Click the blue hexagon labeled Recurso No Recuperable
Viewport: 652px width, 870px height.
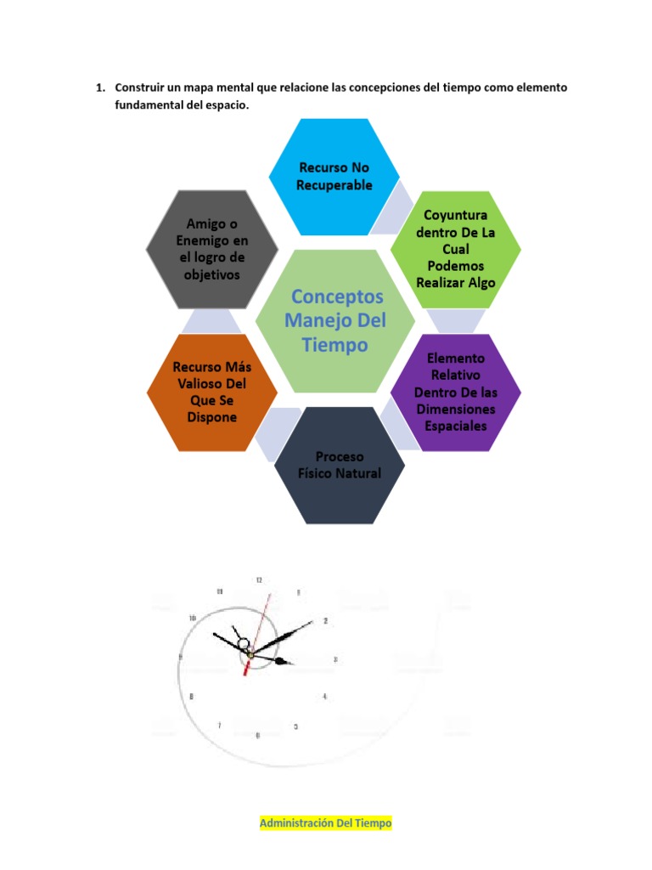[334, 177]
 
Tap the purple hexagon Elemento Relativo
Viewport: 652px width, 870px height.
[456, 393]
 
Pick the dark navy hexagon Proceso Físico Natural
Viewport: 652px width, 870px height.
[340, 466]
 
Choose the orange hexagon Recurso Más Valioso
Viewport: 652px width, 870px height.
[212, 393]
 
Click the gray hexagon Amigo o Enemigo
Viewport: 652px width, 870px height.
[212, 249]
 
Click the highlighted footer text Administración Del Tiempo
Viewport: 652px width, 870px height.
[326, 823]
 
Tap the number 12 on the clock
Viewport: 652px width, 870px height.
[259, 580]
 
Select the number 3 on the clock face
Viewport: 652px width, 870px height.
[336, 659]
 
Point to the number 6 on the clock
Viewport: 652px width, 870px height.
[257, 735]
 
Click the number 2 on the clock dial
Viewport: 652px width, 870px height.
[325, 621]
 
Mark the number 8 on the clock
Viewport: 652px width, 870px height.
[192, 697]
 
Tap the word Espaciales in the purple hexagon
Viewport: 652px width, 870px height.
[456, 426]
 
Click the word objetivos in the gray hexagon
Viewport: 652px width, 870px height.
[212, 274]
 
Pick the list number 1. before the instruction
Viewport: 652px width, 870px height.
[99, 88]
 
